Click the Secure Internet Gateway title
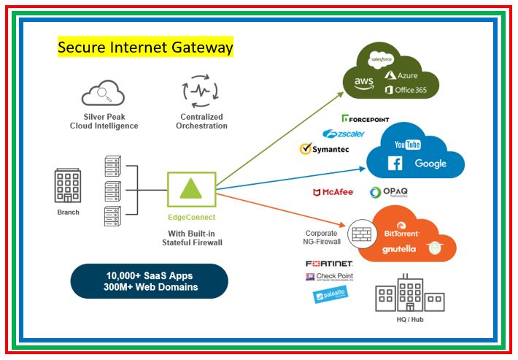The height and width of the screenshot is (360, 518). (x=145, y=47)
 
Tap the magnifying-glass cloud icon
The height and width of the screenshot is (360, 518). (x=103, y=93)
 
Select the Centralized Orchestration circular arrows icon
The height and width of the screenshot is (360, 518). (x=201, y=91)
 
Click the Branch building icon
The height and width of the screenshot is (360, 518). (x=68, y=185)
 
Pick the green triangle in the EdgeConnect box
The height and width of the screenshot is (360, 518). (x=191, y=189)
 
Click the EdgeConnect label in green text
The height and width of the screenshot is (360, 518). (x=192, y=217)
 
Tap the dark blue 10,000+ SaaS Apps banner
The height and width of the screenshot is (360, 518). (x=150, y=281)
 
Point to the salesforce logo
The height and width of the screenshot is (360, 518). (x=382, y=60)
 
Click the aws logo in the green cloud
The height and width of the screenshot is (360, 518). (x=364, y=83)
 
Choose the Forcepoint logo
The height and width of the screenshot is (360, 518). (x=366, y=119)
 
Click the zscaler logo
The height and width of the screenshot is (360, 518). (x=344, y=134)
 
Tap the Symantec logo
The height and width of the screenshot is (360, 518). (x=325, y=149)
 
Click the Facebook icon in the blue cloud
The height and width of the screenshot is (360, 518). (x=395, y=164)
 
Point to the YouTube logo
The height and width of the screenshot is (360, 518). (x=408, y=145)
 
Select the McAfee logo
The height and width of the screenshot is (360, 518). (x=333, y=192)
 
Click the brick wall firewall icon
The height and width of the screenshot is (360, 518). (x=362, y=234)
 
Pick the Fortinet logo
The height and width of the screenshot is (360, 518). (x=329, y=264)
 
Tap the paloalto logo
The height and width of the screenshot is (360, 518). (x=330, y=294)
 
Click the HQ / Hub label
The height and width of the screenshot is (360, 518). (x=410, y=320)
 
